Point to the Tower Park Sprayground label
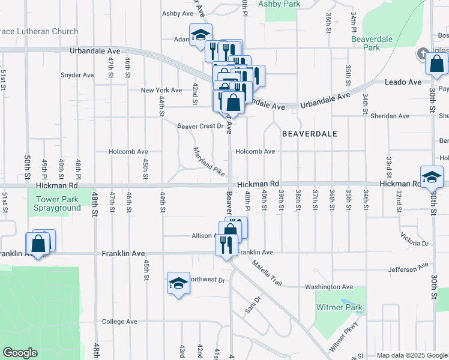(x=58, y=203)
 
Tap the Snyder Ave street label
(x=77, y=75)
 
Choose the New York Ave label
(x=161, y=91)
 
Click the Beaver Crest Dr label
(x=200, y=126)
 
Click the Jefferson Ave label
(x=408, y=267)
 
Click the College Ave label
(x=120, y=322)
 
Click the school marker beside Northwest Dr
(x=178, y=283)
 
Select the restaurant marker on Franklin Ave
(x=226, y=244)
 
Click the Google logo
(x=20, y=353)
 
